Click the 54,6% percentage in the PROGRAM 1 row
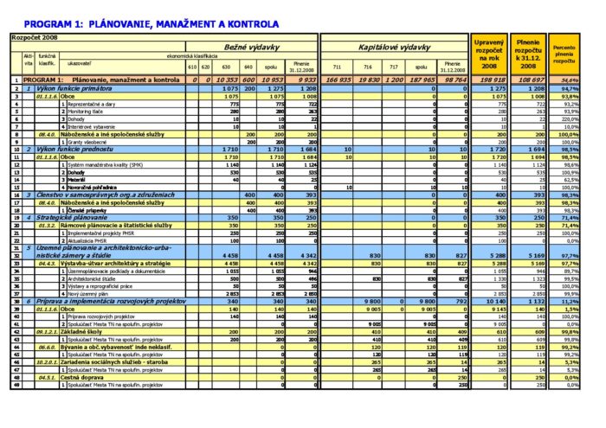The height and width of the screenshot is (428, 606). (569, 80)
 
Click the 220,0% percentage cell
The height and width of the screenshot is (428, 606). (569, 118)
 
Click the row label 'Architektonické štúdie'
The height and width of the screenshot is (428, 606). (94, 278)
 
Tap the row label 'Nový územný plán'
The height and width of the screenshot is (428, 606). (87, 294)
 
